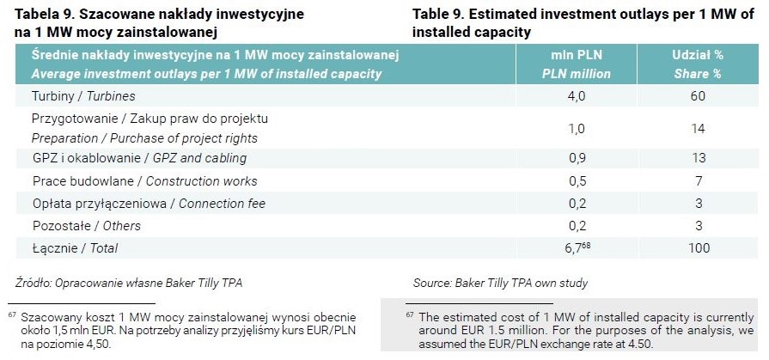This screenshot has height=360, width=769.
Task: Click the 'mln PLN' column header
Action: [x=577, y=55]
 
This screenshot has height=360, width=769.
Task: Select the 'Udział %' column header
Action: [x=698, y=55]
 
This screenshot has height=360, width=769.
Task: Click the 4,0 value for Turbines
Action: [x=577, y=96]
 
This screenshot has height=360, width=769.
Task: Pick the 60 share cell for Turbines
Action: [x=698, y=96]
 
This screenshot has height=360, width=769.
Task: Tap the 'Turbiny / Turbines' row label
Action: [x=83, y=96]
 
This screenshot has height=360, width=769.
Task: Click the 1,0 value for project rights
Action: [x=577, y=129]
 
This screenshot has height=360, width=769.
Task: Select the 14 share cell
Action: [x=698, y=129]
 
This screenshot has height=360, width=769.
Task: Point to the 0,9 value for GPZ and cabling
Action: [x=577, y=158]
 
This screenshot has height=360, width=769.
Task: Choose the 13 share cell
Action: [x=698, y=158]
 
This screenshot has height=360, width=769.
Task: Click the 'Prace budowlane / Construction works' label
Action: [x=145, y=181]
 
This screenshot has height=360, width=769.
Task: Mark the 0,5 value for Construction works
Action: [x=577, y=181]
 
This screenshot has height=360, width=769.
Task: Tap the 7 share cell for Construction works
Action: [x=699, y=181]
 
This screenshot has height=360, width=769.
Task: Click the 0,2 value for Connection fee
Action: [x=577, y=204]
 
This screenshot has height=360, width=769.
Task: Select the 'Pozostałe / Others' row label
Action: [x=86, y=226]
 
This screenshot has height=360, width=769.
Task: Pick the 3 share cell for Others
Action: [x=699, y=226]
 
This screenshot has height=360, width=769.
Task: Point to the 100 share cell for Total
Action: [x=699, y=248]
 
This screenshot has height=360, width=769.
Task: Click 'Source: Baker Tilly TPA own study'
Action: [x=500, y=283]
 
